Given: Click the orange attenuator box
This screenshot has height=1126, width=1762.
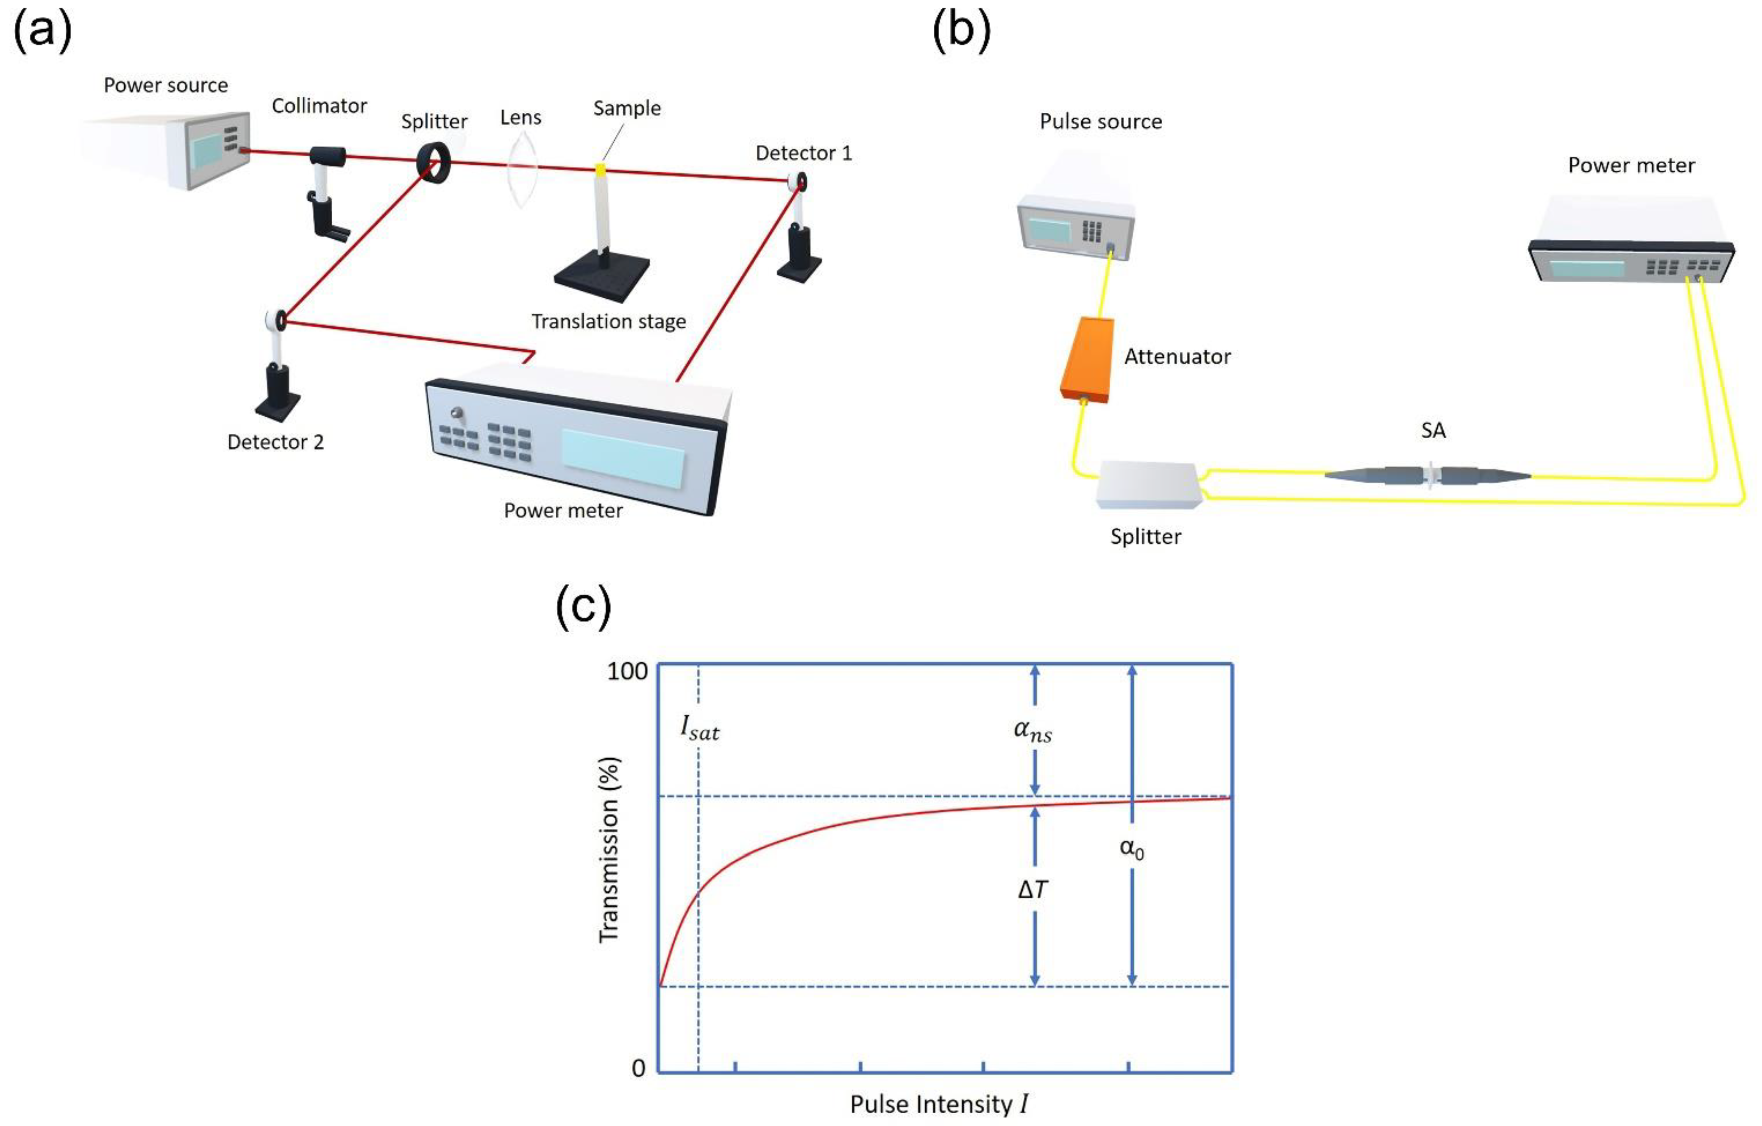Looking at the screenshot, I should (1087, 359).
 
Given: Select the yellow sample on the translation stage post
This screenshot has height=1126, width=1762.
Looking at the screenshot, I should (600, 170).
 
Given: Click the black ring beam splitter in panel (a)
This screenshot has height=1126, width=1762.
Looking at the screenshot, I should (434, 162).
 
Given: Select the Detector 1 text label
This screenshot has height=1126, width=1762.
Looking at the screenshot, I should (804, 153).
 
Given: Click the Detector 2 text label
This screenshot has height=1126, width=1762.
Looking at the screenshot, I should (275, 442).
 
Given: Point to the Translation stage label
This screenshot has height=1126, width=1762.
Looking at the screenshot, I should (608, 321).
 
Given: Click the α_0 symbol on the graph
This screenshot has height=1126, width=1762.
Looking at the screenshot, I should (1131, 849).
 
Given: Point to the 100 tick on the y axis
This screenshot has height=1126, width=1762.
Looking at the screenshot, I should (627, 671).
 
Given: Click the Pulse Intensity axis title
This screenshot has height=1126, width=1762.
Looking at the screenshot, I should (939, 1103).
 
